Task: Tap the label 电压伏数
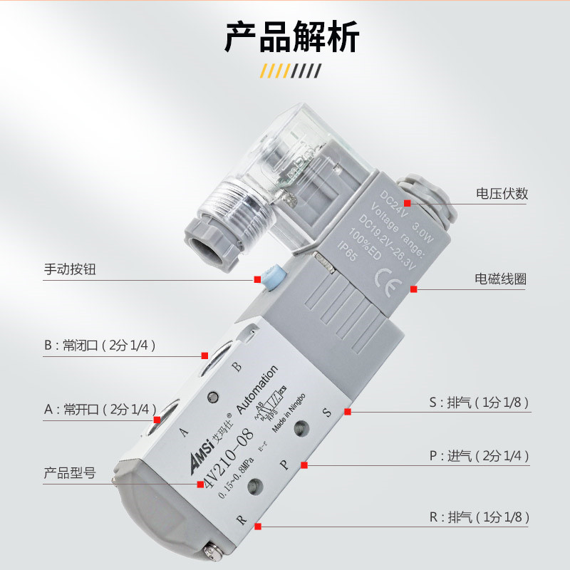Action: [x=502, y=194]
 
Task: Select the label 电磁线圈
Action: [x=502, y=279]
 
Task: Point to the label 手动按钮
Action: [x=69, y=270]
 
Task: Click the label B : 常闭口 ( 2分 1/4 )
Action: [x=99, y=346]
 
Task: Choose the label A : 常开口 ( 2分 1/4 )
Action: [x=99, y=409]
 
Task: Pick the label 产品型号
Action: [x=69, y=472]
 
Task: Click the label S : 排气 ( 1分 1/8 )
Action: [x=479, y=402]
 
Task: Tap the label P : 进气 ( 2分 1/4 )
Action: [x=479, y=455]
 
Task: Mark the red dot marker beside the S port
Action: [x=348, y=411]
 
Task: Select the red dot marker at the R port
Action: [x=257, y=526]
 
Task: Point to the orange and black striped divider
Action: [x=291, y=71]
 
